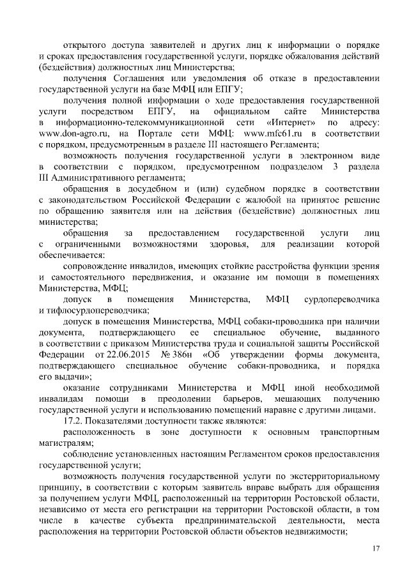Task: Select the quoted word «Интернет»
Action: click(x=285, y=122)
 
